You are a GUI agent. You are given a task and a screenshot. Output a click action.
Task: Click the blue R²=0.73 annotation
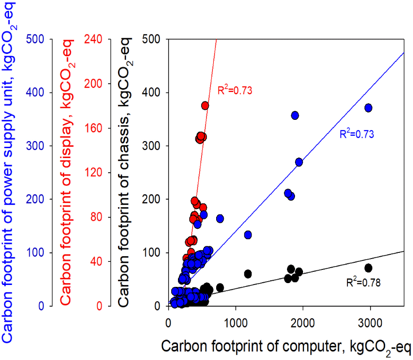pyautogui.click(x=357, y=134)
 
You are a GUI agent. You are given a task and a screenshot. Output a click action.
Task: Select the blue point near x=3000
pyautogui.click(x=369, y=108)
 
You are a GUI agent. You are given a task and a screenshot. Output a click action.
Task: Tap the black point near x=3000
pyautogui.click(x=369, y=268)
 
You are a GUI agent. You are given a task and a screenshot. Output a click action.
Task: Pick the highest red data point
pyautogui.click(x=205, y=106)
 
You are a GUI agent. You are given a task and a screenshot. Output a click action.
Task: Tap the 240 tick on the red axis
pyautogui.click(x=92, y=39)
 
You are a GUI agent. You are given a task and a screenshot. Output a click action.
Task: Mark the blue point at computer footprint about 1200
pyautogui.click(x=248, y=235)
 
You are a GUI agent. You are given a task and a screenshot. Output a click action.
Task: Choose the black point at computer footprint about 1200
pyautogui.click(x=248, y=274)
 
